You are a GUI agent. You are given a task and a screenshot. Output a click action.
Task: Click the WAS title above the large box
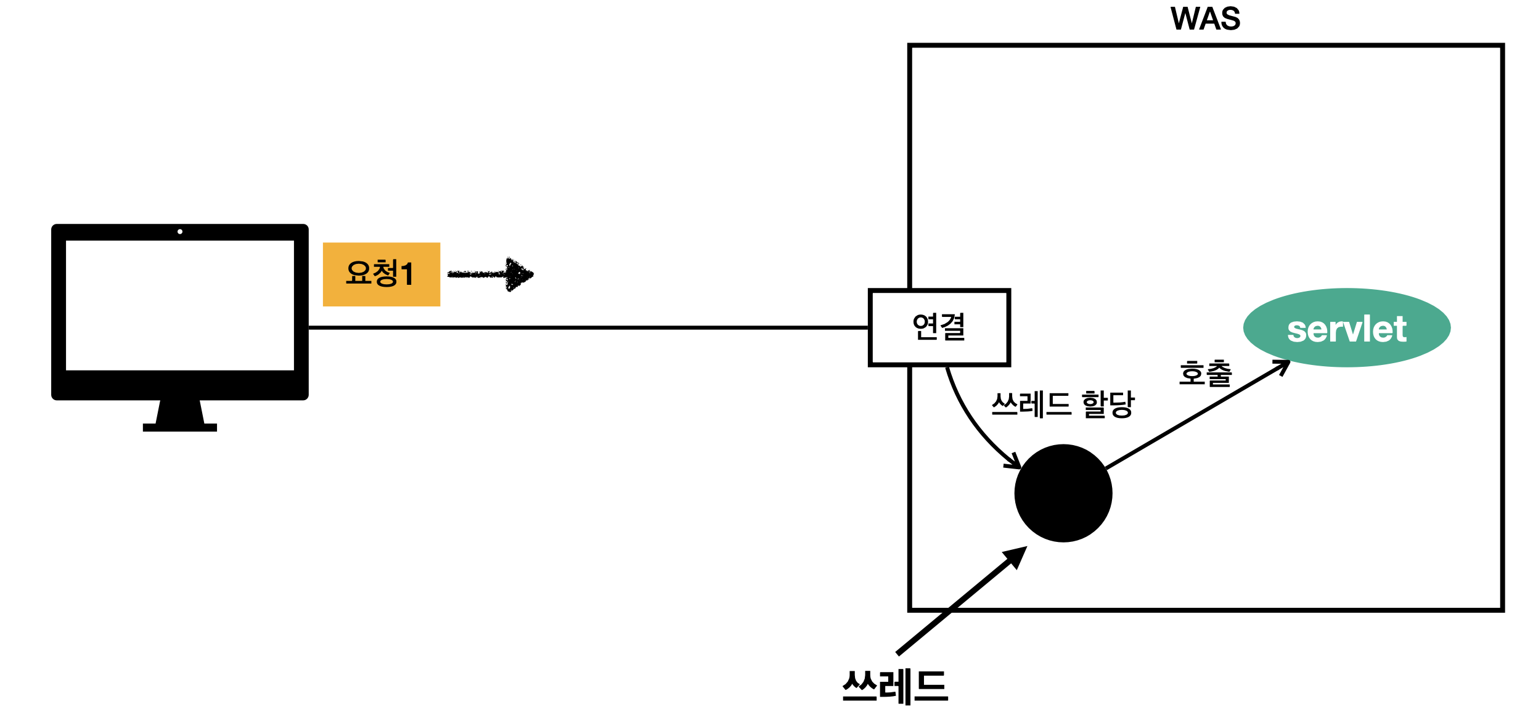point(1205,18)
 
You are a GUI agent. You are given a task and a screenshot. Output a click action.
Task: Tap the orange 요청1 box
point(381,274)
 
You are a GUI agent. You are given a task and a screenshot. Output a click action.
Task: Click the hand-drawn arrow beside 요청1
point(490,274)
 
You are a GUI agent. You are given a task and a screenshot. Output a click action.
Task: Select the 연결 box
point(939,327)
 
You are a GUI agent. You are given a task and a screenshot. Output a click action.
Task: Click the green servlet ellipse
point(1346,327)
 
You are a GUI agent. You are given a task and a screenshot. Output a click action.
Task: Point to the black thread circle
point(1063,493)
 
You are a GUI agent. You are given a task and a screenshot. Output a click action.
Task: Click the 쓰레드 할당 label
point(1063,404)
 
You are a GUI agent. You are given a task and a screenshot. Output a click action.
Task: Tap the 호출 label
point(1205,374)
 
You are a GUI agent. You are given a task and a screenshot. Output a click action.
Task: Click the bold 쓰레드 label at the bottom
point(895,687)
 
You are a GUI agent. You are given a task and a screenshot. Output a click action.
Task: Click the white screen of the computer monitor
point(179,305)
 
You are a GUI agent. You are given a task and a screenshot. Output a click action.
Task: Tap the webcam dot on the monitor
point(180,232)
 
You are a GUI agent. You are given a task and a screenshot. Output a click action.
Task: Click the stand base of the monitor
point(179,427)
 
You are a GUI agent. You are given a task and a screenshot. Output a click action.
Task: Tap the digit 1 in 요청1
point(407,274)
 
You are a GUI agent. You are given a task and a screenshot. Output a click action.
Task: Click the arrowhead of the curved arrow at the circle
point(1014,462)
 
